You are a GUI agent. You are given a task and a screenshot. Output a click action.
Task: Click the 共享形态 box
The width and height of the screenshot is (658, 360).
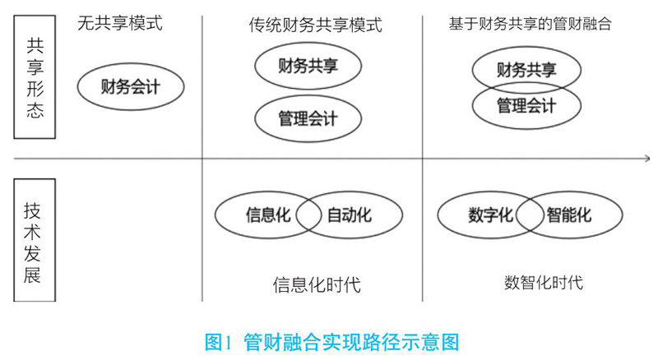[34, 79]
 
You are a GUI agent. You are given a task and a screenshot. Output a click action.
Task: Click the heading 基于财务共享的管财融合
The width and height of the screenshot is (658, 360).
[530, 23]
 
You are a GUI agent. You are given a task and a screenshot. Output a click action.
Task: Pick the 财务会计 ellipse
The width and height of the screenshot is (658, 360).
[131, 85]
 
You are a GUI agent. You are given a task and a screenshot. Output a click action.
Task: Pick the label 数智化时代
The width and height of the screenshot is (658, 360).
[544, 283]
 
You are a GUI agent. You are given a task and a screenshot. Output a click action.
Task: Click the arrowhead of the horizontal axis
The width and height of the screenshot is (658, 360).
[644, 159]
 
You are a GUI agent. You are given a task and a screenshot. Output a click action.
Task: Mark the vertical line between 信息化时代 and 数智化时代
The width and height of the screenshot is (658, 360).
[422, 247]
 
